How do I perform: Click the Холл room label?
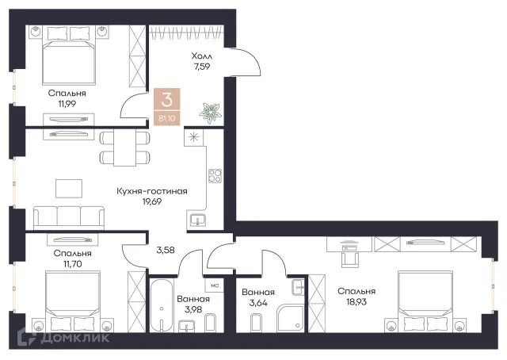point(202,56)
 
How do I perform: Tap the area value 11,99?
point(67,104)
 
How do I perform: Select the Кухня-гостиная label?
point(152,191)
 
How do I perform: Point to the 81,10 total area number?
point(167,118)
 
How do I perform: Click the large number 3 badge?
point(167,99)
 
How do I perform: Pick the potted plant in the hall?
point(210,113)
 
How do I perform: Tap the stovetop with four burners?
point(215,176)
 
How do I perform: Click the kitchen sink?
point(197,220)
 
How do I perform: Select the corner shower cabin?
point(290,318)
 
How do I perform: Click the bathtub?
point(162,306)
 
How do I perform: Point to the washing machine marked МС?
point(215,285)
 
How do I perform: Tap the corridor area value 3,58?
point(166,250)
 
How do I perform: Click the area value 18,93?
point(356,302)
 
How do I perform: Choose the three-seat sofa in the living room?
point(69,217)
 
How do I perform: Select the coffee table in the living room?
point(69,189)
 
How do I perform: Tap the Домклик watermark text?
point(74,338)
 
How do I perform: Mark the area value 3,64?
point(258,303)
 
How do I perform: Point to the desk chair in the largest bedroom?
point(350,259)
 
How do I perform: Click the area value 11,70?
point(72,264)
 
